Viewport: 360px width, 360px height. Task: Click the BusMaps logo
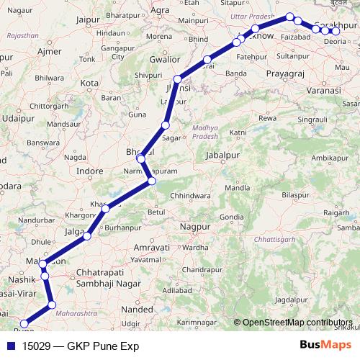tap(326, 346)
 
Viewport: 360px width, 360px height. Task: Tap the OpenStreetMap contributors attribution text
tap(298, 323)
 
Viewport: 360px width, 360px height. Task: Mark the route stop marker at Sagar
tap(165, 127)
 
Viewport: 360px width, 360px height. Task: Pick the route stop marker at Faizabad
tap(297, 20)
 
